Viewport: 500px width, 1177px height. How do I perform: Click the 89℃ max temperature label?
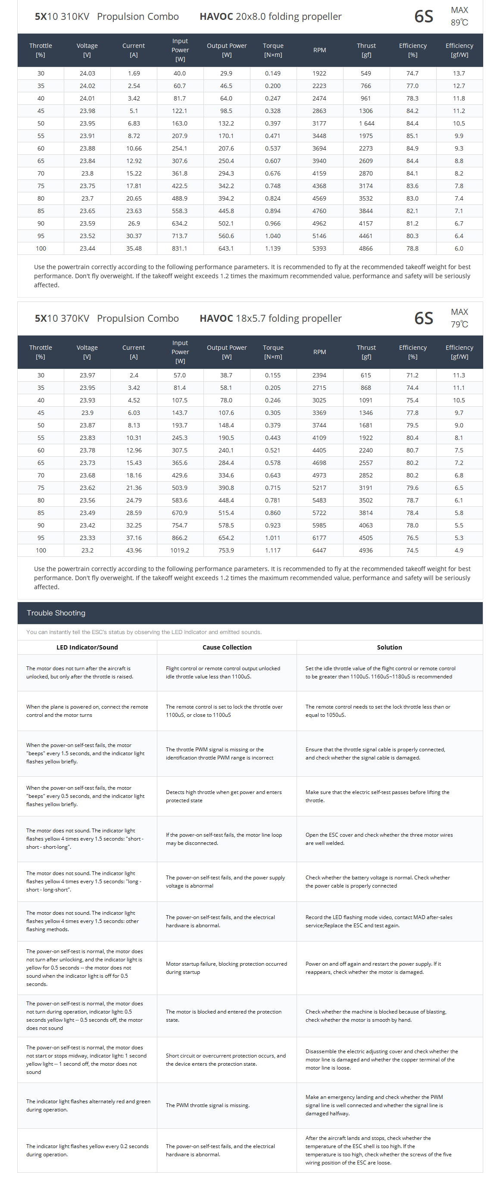pyautogui.click(x=459, y=22)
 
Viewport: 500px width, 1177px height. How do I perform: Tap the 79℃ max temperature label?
pyautogui.click(x=459, y=324)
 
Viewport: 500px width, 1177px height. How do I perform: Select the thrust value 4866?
pyautogui.click(x=366, y=248)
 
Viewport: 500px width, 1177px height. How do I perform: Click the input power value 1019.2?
pyautogui.click(x=180, y=551)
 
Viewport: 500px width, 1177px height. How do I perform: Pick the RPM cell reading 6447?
pyautogui.click(x=319, y=551)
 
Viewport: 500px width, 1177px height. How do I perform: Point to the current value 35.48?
pyautogui.click(x=134, y=248)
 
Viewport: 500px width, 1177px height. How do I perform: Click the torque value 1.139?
pyautogui.click(x=272, y=248)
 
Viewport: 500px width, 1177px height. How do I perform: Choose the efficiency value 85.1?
pyautogui.click(x=412, y=136)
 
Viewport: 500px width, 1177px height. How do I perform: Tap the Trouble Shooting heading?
pyautogui.click(x=56, y=613)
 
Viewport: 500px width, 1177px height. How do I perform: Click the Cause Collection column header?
pyautogui.click(x=227, y=647)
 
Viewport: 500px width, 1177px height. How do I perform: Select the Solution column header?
pyautogui.click(x=390, y=647)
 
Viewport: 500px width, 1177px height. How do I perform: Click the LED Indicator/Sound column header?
pyautogui.click(x=87, y=647)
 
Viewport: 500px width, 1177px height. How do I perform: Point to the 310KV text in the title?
pyautogui.click(x=75, y=16)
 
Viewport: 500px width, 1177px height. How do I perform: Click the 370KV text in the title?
pyautogui.click(x=75, y=318)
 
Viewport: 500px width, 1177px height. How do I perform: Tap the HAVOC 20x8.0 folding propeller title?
pyautogui.click(x=270, y=16)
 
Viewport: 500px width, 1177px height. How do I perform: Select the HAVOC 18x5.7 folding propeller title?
pyautogui.click(x=270, y=318)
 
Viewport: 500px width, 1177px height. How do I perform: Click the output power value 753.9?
pyautogui.click(x=226, y=551)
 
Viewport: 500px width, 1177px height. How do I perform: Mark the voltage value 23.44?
pyautogui.click(x=87, y=248)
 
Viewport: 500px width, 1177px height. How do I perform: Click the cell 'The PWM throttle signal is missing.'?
pyautogui.click(x=208, y=1105)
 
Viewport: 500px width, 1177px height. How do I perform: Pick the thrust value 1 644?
pyautogui.click(x=366, y=124)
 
